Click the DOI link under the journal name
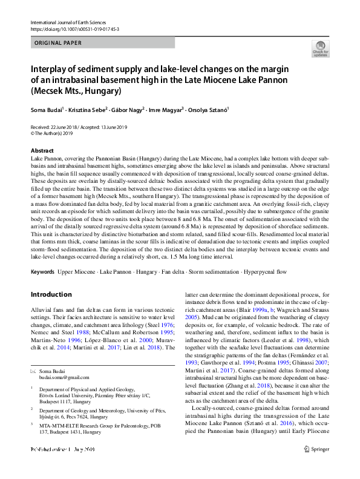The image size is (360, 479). (74, 29)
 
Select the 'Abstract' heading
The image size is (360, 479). (42, 150)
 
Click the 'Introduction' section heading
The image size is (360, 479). (51, 295)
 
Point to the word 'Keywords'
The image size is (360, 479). (42, 273)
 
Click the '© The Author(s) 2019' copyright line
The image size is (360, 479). (56, 133)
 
